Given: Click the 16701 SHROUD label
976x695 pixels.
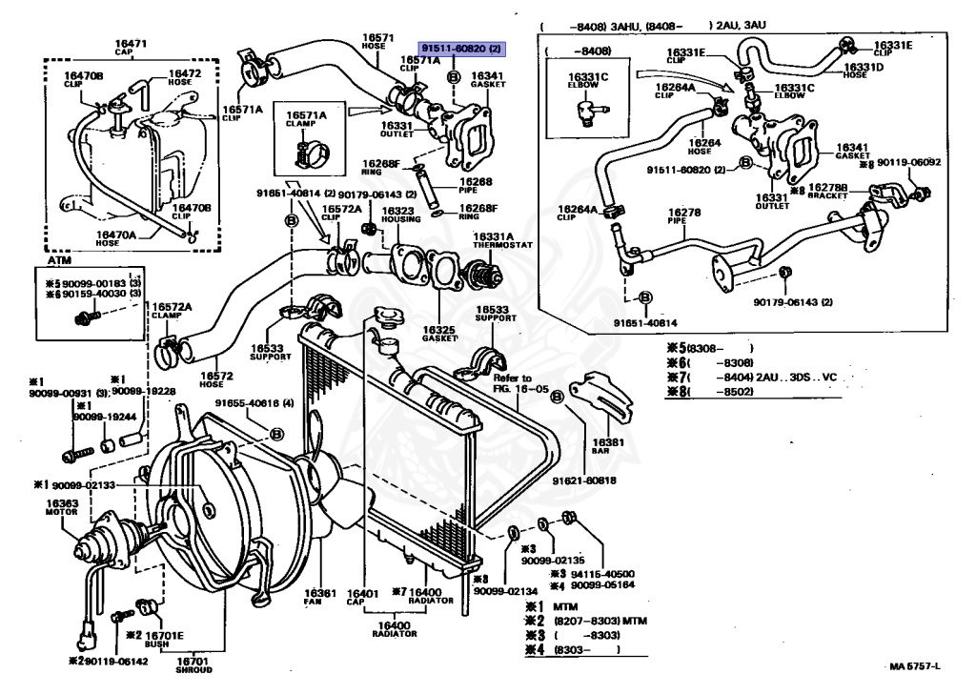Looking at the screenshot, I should pos(193,664).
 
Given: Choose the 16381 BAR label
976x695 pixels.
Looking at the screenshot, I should pos(605,446).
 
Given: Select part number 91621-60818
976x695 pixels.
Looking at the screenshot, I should pos(585,480).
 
